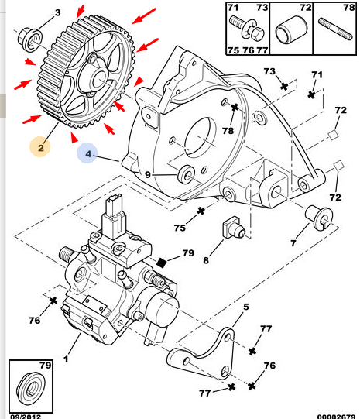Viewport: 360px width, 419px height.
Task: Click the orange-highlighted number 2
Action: tap(40, 147)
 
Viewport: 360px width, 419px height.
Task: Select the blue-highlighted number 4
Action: tap(88, 153)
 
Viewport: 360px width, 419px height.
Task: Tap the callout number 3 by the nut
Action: tap(58, 12)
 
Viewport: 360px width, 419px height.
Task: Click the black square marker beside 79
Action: tap(161, 263)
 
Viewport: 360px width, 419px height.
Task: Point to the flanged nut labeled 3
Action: tap(30, 39)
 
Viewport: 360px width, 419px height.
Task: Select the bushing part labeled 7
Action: tap(319, 218)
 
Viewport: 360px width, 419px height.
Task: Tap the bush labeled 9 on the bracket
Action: tap(186, 174)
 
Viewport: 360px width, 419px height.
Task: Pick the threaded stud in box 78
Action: tap(335, 29)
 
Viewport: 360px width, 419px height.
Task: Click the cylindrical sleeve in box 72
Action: tap(291, 29)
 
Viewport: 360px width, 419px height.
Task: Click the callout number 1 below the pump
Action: tap(66, 359)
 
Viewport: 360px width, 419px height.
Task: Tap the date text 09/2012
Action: tap(26, 417)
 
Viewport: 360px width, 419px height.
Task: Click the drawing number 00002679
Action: tap(336, 417)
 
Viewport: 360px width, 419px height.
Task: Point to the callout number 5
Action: tap(245, 307)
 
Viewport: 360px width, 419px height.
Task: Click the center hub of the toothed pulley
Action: tap(98, 78)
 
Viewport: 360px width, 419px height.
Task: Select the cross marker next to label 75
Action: tap(201, 211)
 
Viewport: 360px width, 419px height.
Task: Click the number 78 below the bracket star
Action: tap(228, 131)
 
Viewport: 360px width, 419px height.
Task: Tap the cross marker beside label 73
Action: tap(284, 86)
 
